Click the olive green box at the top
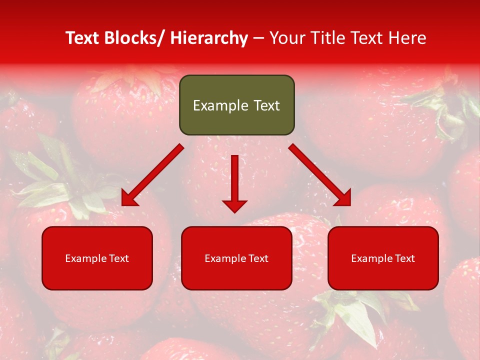pos(236,105)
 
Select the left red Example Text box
pos(97,258)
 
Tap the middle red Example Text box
pos(236,258)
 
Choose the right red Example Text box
pos(383,258)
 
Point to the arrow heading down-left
pos(152,175)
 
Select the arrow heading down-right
pos(320,175)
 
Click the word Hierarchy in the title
pos(209,38)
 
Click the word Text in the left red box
pos(120,258)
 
